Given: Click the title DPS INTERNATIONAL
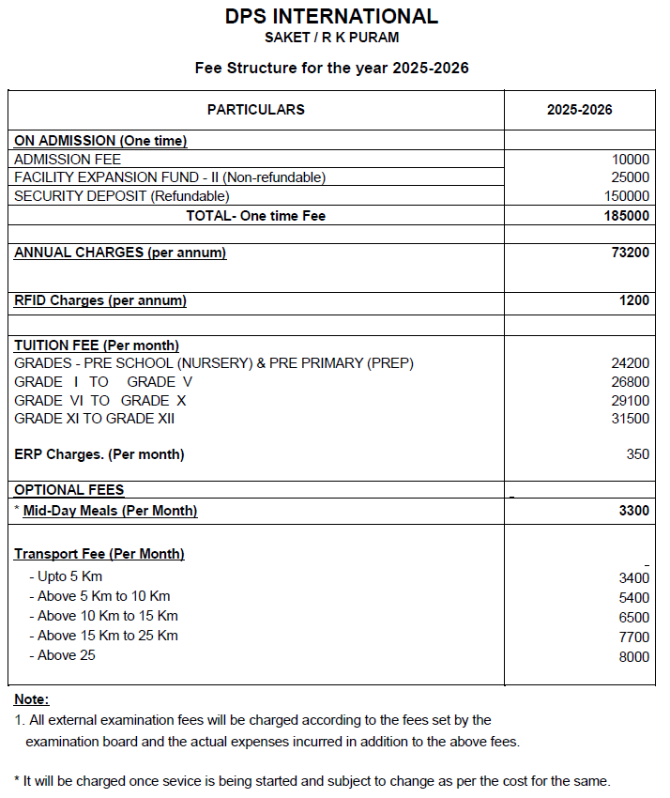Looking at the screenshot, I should click(331, 16).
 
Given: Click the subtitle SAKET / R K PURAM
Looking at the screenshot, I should click(331, 38).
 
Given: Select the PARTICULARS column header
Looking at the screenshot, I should click(255, 110).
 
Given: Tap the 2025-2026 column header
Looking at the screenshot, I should click(579, 110).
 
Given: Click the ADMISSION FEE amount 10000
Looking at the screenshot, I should click(630, 160).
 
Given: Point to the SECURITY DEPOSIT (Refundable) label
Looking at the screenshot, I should click(122, 196).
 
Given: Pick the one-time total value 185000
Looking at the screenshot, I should click(626, 216).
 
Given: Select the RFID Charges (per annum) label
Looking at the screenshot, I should click(100, 300).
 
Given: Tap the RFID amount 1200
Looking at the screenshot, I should click(633, 300).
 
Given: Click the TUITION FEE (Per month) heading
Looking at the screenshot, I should click(97, 345).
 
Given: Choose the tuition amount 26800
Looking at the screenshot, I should click(630, 382).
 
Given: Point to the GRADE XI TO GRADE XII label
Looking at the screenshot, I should click(95, 419).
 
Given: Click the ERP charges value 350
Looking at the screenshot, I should click(637, 454).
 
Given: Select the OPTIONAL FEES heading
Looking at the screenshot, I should click(69, 490).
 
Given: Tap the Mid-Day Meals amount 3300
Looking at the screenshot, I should click(633, 511).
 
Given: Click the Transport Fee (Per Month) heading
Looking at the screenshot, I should click(99, 554).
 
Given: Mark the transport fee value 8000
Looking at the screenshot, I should click(633, 657).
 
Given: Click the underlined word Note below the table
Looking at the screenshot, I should click(31, 699).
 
